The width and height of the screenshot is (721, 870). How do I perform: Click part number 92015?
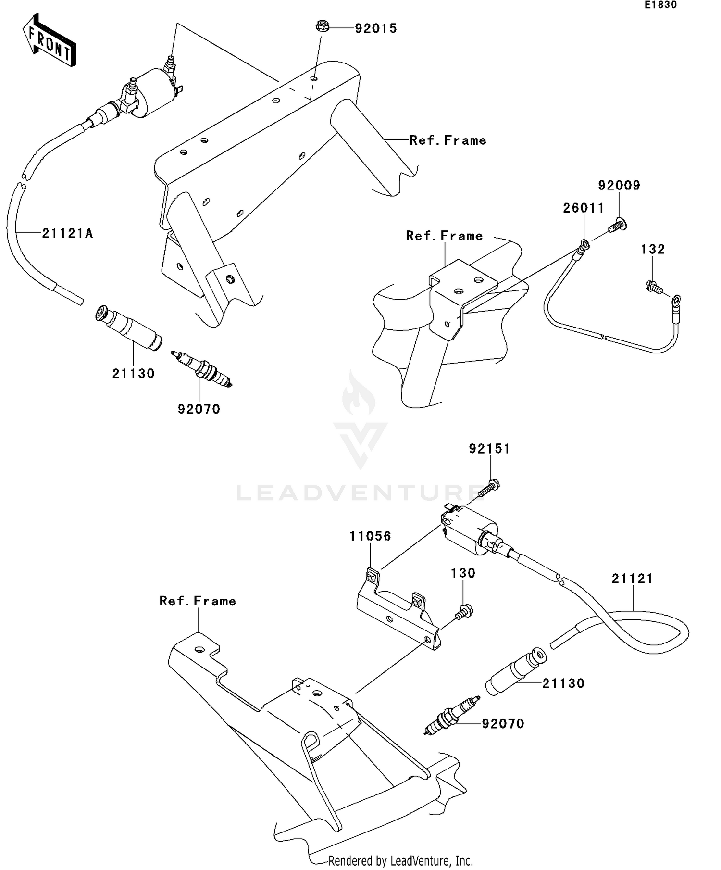376,29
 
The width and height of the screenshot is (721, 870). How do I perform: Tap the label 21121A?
67,234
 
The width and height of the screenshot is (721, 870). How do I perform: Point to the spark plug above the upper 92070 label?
202,369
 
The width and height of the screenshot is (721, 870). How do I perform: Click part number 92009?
619,186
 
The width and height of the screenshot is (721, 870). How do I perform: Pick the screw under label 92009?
617,225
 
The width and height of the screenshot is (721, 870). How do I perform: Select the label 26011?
584,208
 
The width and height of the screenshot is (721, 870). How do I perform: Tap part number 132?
653,249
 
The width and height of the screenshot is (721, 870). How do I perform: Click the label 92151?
489,449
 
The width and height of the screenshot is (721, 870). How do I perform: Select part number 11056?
370,536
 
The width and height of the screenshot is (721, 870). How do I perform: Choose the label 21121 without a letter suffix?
632,579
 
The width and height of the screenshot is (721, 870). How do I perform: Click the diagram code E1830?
660,5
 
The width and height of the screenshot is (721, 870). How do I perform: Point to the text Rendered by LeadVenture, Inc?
400,860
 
